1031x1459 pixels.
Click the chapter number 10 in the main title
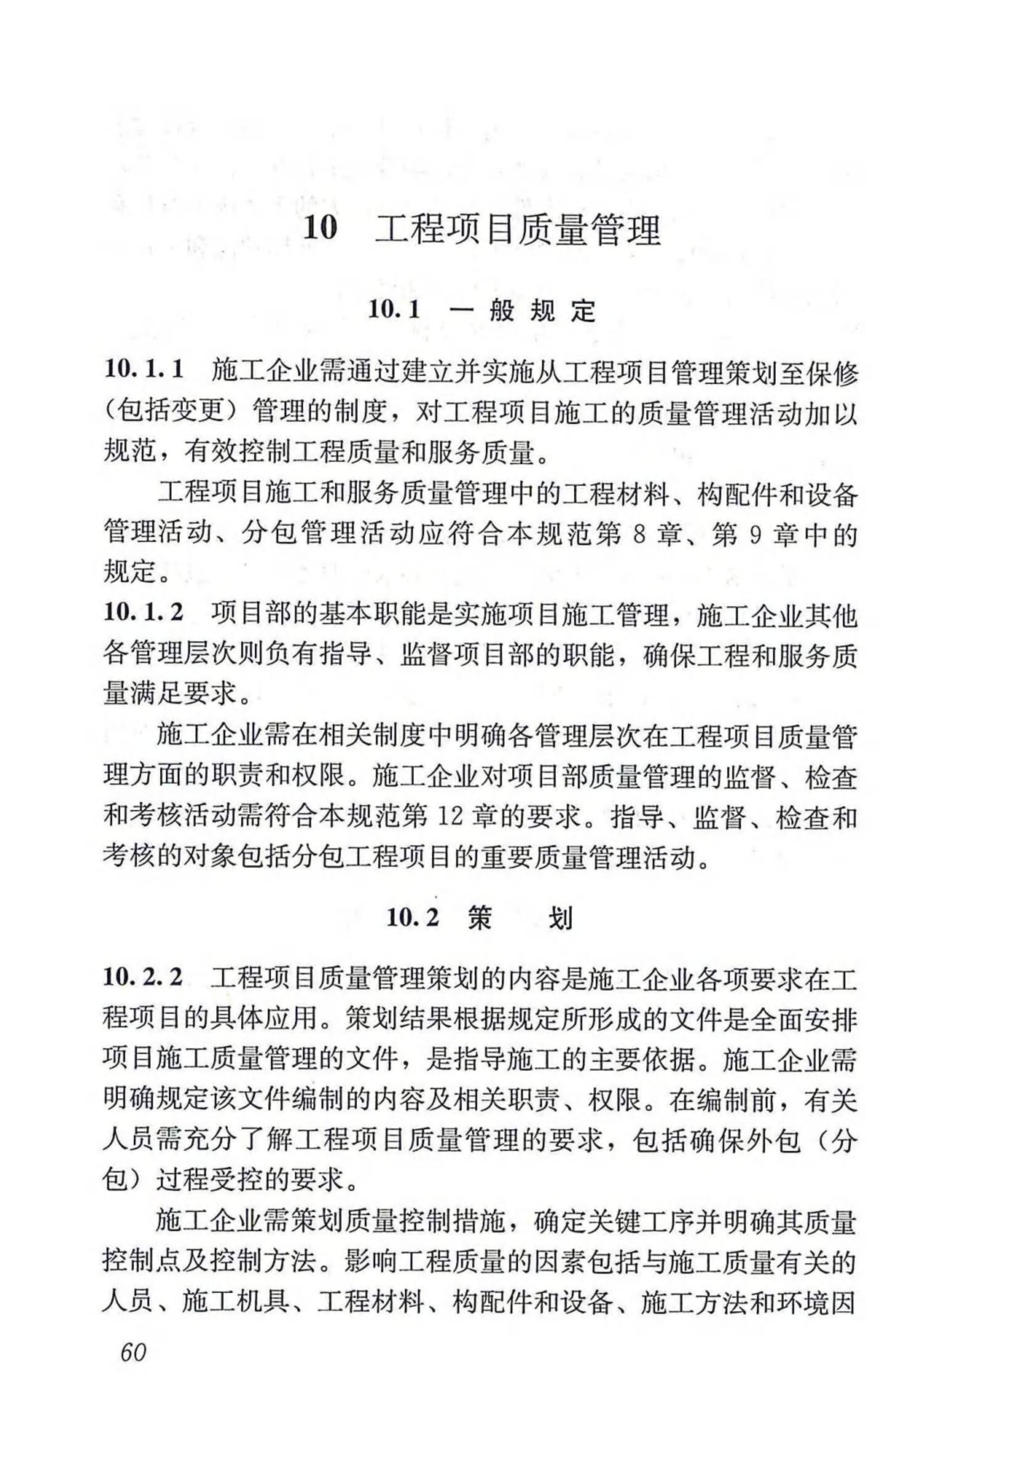point(320,229)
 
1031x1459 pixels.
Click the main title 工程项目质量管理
point(518,230)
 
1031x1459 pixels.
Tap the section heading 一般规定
point(522,311)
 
